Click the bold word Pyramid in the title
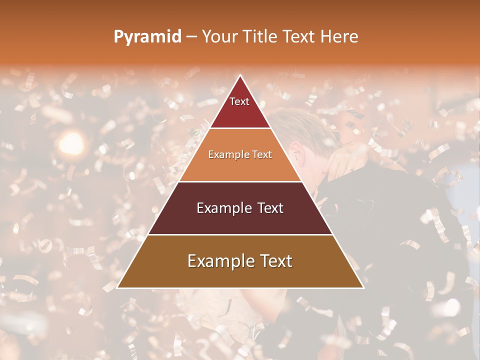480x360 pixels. tap(147, 37)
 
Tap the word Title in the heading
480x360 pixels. tap(261, 37)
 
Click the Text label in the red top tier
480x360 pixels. tap(239, 101)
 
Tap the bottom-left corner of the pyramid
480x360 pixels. tap(117, 288)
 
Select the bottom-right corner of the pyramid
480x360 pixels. tap(363, 288)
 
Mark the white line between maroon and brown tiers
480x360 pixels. tap(240, 234)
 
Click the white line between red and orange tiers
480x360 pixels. tap(240, 128)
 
